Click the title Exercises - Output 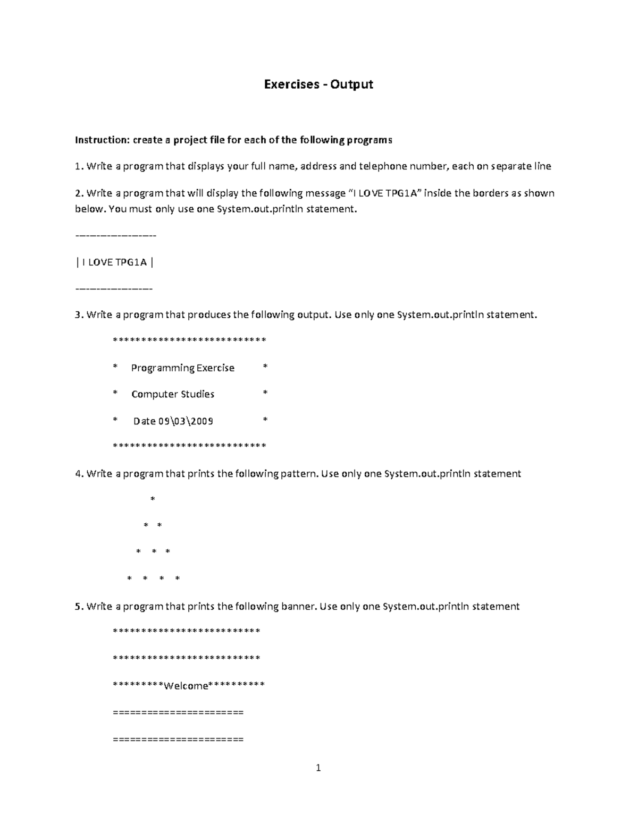318,84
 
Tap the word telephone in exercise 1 382,166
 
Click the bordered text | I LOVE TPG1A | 115,262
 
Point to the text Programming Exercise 182,368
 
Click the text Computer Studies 173,394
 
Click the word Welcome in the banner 186,686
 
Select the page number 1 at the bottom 318,768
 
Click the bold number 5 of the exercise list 78,607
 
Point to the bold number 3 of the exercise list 78,315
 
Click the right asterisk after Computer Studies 265,393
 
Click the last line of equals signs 178,739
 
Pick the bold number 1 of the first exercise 78,166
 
